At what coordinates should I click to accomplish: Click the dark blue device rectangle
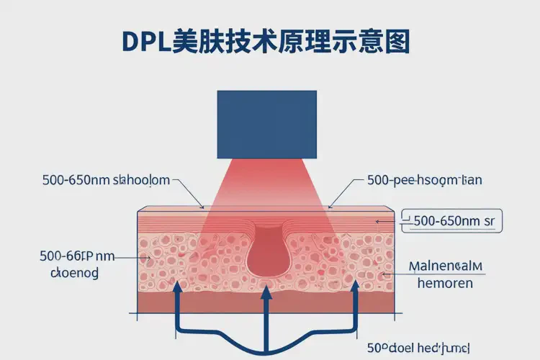click(266, 124)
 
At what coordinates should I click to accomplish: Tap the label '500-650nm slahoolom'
click(107, 180)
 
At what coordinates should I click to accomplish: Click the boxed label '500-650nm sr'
click(454, 221)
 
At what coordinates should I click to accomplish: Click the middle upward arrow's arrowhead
click(266, 291)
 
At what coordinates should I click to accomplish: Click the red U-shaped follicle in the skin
click(266, 252)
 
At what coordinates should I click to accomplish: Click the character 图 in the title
click(395, 42)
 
